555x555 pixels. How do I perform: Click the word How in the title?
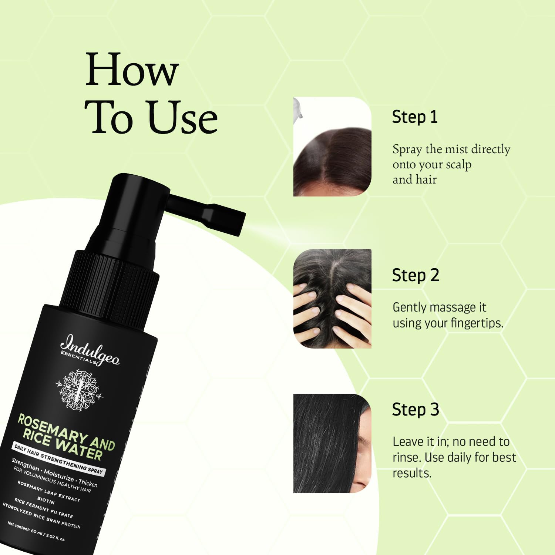coord(132,70)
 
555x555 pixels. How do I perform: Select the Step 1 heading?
coord(415,117)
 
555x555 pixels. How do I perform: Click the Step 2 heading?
coord(416,276)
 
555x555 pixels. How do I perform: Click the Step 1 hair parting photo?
coord(332,147)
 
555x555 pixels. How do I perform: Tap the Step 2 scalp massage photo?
coord(332,299)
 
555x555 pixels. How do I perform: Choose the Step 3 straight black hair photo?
coord(332,443)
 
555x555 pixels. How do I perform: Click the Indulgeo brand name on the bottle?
coord(90,350)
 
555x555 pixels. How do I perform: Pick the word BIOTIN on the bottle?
coord(46,500)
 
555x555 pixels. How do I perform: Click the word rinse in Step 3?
coord(407,458)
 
